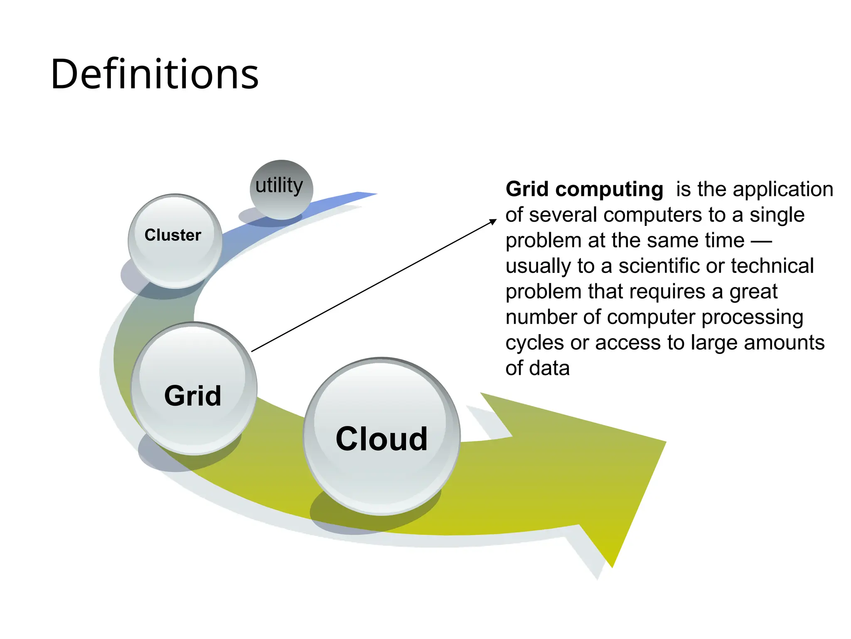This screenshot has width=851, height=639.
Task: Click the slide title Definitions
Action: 155,74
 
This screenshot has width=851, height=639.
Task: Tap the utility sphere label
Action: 279,186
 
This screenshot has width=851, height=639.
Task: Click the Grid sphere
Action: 193,389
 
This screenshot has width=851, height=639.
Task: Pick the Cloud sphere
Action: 381,437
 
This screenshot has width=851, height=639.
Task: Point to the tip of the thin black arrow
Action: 495,220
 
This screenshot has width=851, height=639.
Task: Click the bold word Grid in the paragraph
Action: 527,189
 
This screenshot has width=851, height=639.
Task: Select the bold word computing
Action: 609,190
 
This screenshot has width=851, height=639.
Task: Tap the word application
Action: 783,189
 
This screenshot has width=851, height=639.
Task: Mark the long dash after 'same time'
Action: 762,241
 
